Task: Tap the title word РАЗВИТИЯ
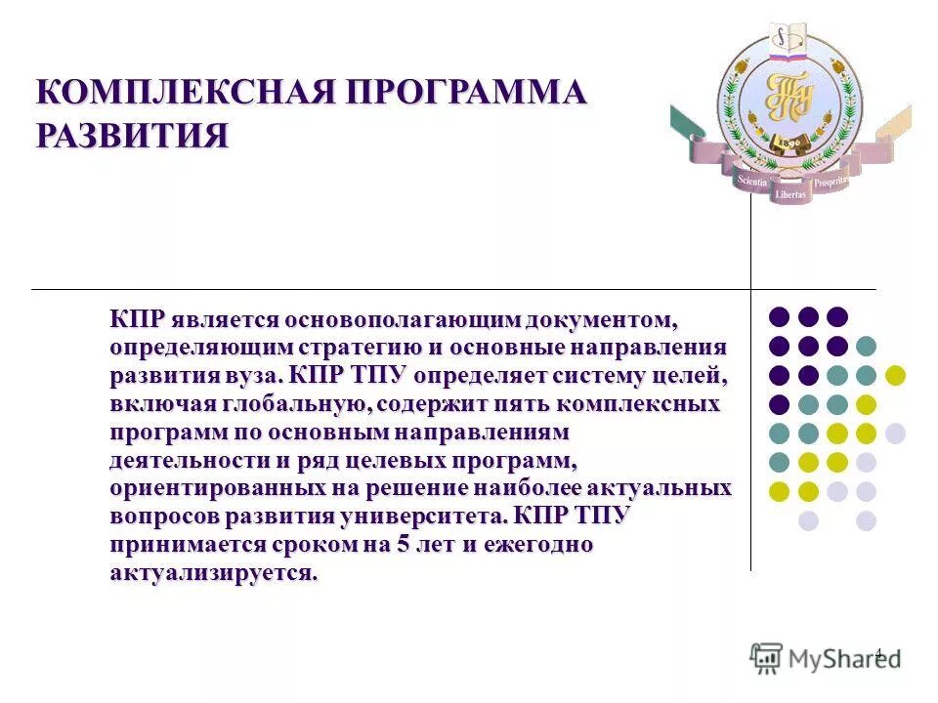132,134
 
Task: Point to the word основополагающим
401,320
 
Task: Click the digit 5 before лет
402,545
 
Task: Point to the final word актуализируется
214,573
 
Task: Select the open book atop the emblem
788,37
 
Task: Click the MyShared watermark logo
826,657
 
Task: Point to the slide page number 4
877,653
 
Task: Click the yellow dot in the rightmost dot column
895,375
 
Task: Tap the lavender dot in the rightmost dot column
895,433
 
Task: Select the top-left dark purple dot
779,316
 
